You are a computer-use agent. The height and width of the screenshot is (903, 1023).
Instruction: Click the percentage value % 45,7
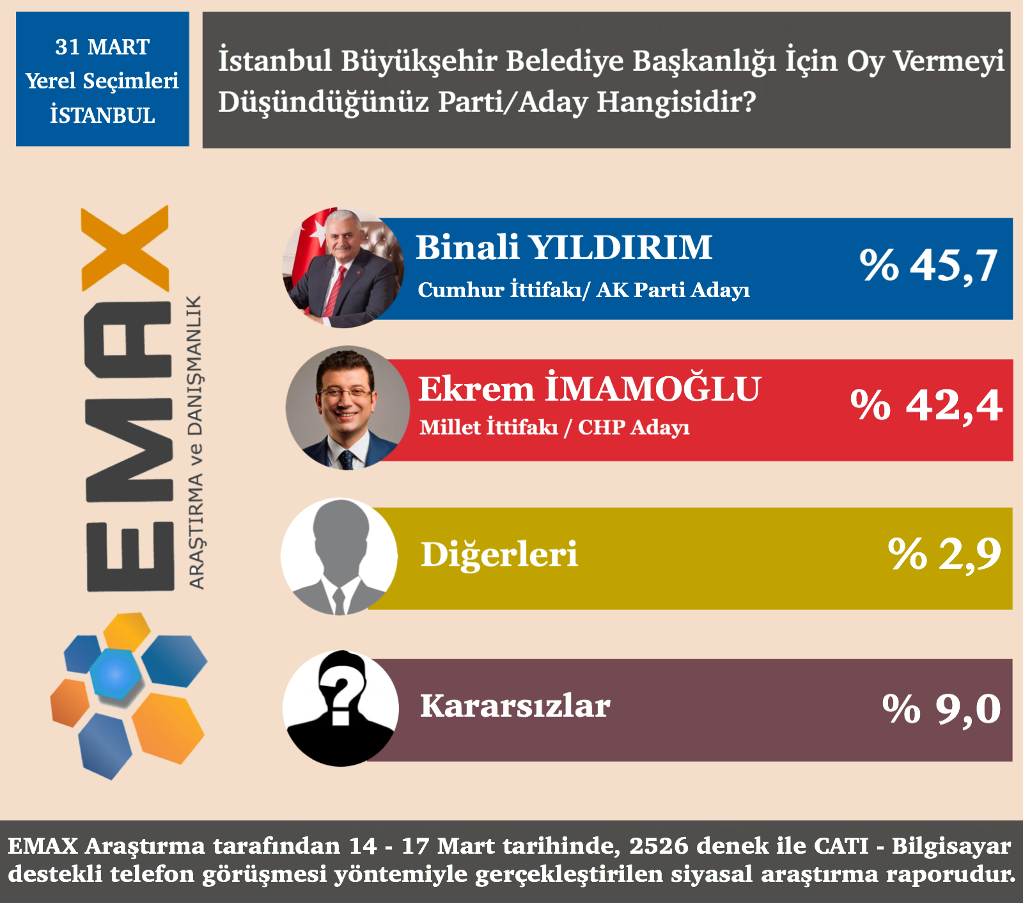tap(928, 265)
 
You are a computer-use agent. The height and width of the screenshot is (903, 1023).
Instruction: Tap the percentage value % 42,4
tap(926, 405)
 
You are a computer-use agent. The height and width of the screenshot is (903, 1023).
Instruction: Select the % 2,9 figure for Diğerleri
tap(944, 554)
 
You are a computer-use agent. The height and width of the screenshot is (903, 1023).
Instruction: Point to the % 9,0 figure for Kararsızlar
tap(941, 709)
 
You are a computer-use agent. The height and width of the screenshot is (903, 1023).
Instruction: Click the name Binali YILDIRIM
tap(564, 248)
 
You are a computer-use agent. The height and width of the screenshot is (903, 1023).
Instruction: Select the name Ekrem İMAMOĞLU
tap(589, 389)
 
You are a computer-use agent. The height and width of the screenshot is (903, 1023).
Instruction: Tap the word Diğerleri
tap(499, 554)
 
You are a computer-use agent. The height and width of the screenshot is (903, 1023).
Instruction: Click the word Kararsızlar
tap(515, 707)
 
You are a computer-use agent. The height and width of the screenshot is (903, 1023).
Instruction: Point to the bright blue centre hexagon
tap(115, 674)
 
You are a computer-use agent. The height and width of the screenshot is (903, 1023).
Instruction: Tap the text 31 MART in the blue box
tap(102, 47)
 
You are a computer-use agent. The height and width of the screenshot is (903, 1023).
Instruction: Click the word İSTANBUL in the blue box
tap(102, 115)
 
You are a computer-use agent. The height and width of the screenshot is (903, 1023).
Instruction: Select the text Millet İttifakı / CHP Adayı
tap(554, 428)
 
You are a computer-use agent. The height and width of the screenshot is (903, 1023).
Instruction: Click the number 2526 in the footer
tap(659, 846)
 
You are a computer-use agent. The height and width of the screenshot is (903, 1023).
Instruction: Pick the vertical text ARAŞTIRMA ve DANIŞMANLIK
tap(196, 442)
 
